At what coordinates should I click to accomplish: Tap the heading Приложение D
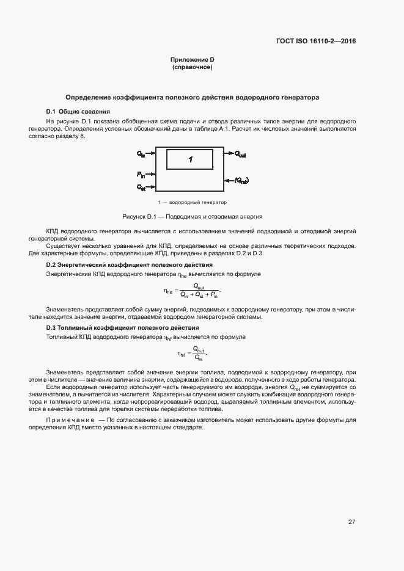(x=192, y=60)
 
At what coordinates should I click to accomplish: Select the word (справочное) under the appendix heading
(x=192, y=67)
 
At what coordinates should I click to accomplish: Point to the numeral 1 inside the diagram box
(x=191, y=159)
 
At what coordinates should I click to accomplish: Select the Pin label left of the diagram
(x=141, y=175)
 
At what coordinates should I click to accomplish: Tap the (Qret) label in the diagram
(x=242, y=180)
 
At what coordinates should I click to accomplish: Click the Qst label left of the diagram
(x=141, y=186)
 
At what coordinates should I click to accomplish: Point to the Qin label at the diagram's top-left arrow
(x=141, y=153)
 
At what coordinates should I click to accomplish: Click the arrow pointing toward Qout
(x=227, y=154)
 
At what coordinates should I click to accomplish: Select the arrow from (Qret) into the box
(x=229, y=180)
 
